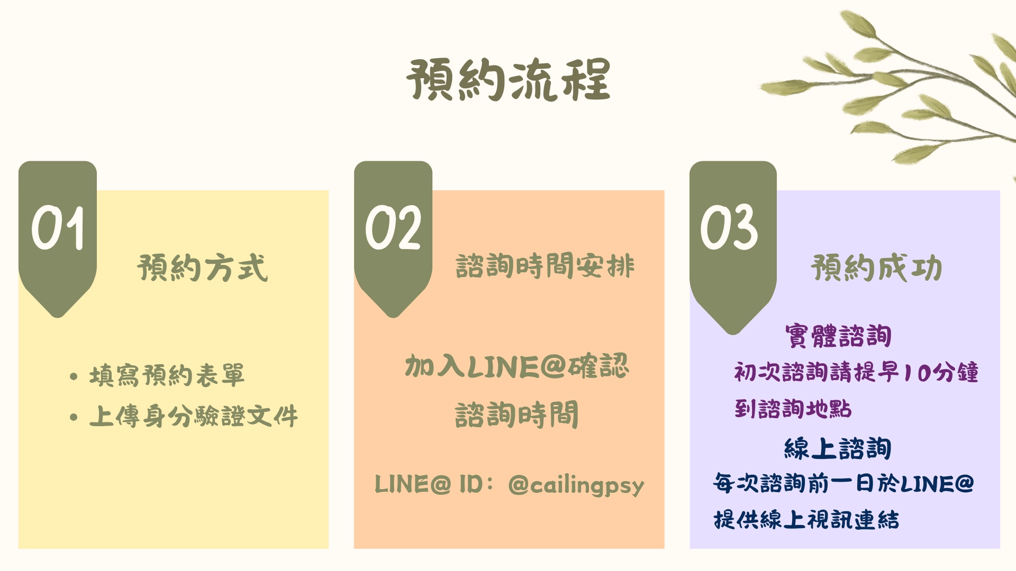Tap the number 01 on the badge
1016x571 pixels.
[58, 228]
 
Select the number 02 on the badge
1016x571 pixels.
[393, 228]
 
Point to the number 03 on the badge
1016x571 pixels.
[729, 227]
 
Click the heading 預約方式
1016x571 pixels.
[203, 267]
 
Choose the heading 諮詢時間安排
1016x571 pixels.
[545, 265]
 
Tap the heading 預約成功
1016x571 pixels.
[876, 267]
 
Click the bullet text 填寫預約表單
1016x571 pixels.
[167, 375]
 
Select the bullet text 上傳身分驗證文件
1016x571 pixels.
[194, 416]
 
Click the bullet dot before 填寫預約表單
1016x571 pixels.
[74, 376]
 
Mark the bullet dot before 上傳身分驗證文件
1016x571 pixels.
[74, 417]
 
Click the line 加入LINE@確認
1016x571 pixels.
[517, 366]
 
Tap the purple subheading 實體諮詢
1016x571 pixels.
[838, 336]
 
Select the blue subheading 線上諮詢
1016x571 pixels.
[838, 448]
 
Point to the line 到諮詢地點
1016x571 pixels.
[793, 409]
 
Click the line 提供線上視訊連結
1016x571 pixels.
[806, 519]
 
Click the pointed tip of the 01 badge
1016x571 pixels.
[58, 317]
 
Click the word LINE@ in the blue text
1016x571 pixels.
[937, 484]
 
